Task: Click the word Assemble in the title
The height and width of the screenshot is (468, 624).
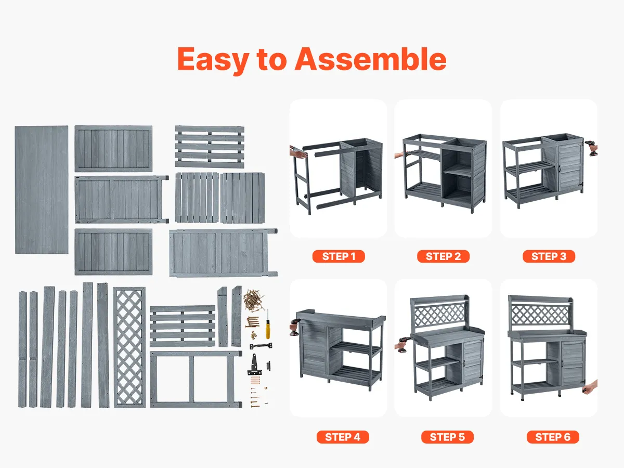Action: (x=370, y=59)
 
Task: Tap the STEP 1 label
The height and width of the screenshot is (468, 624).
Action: (x=339, y=256)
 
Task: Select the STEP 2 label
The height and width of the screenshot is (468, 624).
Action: (x=443, y=256)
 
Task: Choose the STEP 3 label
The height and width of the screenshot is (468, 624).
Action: (x=549, y=256)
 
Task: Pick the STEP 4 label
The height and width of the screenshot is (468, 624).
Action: (x=343, y=437)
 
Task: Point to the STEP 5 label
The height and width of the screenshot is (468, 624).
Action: (x=448, y=437)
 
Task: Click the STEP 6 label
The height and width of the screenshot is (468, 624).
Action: (x=553, y=437)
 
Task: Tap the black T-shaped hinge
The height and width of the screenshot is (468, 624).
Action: (x=254, y=365)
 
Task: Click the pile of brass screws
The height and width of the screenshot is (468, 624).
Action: (x=253, y=300)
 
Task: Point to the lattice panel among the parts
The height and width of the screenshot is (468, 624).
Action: (x=129, y=347)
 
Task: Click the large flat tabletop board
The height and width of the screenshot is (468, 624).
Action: (x=42, y=190)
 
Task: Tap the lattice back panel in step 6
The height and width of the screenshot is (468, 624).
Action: (x=540, y=314)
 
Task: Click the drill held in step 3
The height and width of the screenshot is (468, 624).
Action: (x=592, y=148)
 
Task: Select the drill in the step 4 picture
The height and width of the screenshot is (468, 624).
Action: (x=295, y=327)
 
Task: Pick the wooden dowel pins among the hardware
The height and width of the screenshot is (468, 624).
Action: (x=255, y=380)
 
